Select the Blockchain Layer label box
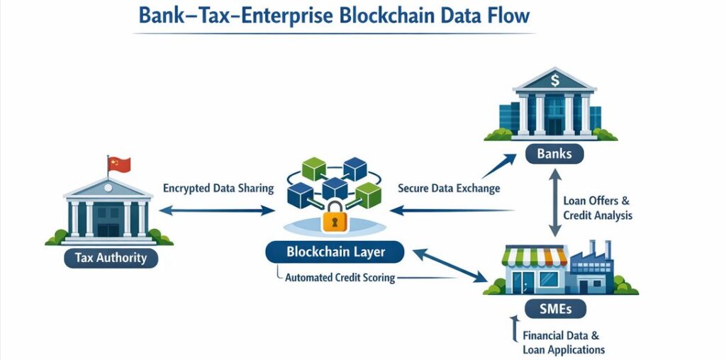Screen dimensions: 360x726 (x=335, y=251)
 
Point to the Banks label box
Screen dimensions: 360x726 (x=554, y=154)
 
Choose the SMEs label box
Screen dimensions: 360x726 (x=557, y=308)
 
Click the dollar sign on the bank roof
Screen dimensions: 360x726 (x=554, y=75)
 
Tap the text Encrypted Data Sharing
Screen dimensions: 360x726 (x=218, y=189)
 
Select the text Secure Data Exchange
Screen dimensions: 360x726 (x=449, y=189)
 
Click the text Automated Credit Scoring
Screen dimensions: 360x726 (x=340, y=278)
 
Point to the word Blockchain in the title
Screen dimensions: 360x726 (x=382, y=15)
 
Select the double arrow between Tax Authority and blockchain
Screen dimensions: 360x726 (x=217, y=210)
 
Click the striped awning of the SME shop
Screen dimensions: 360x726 (x=535, y=255)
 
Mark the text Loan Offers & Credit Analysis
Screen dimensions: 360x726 (x=597, y=208)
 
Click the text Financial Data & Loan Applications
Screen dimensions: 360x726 (x=564, y=342)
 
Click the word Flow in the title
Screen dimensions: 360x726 (x=505, y=15)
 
